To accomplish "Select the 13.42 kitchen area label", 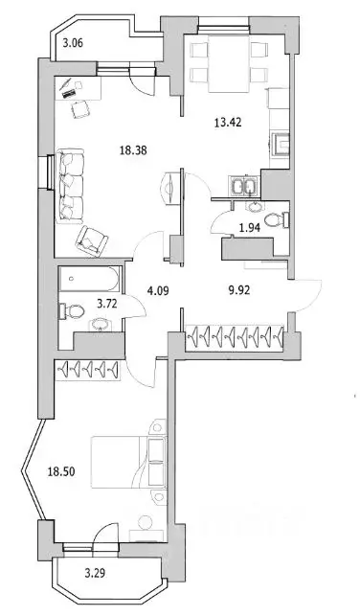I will [226, 121].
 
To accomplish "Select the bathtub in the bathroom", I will [89, 281].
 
